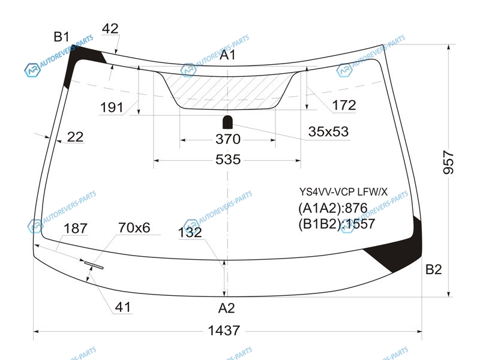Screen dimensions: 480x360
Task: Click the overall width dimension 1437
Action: [224, 331]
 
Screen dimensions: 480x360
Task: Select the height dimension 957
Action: [449, 162]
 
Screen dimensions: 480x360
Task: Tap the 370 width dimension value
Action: [228, 139]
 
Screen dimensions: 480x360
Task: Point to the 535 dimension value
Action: [228, 160]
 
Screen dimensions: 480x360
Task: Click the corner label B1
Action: [62, 37]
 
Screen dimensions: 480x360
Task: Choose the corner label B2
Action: [433, 269]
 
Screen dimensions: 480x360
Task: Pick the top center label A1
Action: [228, 55]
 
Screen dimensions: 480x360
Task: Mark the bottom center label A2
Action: [227, 308]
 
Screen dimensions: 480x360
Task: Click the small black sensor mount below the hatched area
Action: [227, 122]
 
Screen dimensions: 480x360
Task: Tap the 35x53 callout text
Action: [328, 131]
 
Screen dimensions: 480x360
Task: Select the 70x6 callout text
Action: [134, 228]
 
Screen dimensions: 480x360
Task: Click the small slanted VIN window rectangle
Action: [94, 265]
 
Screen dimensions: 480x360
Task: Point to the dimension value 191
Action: [112, 107]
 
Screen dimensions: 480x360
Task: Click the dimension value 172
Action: [344, 106]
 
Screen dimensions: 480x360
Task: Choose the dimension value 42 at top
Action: [110, 29]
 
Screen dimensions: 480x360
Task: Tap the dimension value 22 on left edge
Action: [75, 137]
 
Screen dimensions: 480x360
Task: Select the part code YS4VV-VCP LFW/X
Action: [343, 192]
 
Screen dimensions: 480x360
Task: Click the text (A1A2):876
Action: [333, 208]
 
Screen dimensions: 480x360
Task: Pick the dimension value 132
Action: [190, 232]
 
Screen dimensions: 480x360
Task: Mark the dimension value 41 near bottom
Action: [123, 307]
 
